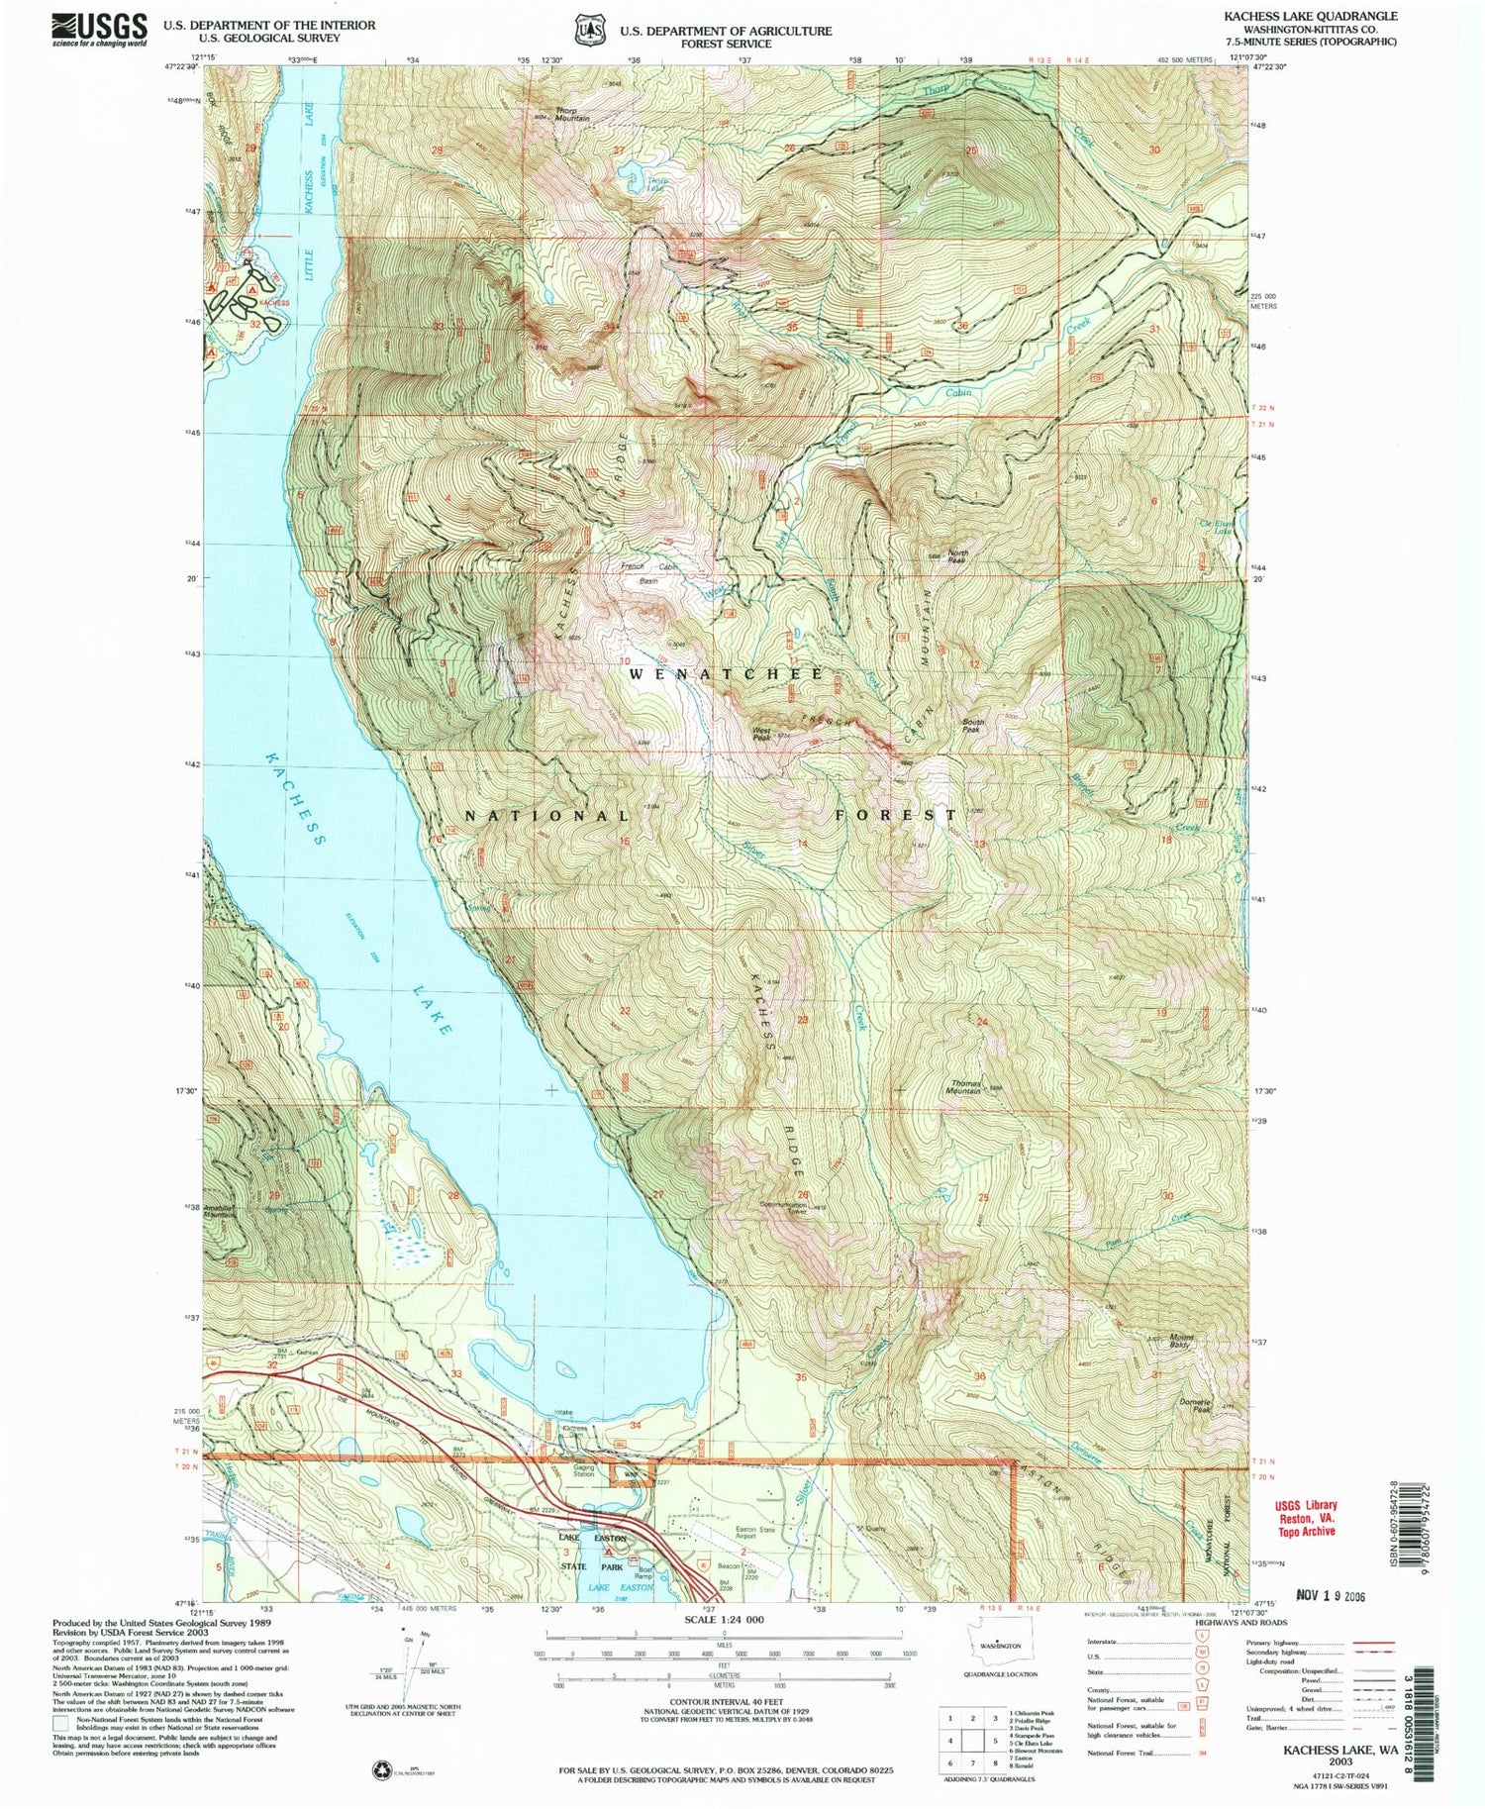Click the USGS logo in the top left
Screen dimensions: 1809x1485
[x=99, y=29]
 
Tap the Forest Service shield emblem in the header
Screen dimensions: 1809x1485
[x=591, y=30]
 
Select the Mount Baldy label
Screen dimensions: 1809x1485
[x=1181, y=1341]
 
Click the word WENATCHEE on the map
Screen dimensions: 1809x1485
[x=726, y=674]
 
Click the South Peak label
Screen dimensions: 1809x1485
[x=973, y=725]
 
